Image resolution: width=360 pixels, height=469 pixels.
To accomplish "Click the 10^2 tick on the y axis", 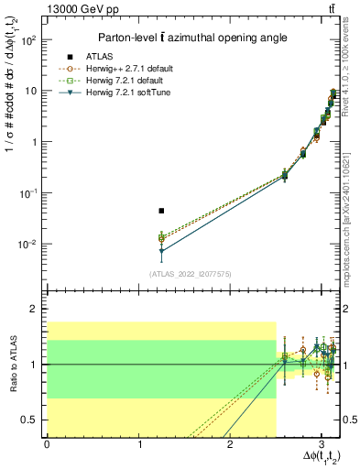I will pyautogui.click(x=31, y=40).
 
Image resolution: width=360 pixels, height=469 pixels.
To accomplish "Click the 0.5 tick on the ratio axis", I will pyautogui.click(x=29, y=420).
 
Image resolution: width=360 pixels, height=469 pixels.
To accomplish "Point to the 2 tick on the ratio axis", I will pyautogui.click(x=35, y=310).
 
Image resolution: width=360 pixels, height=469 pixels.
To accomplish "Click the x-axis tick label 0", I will pyautogui.click(x=47, y=443).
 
